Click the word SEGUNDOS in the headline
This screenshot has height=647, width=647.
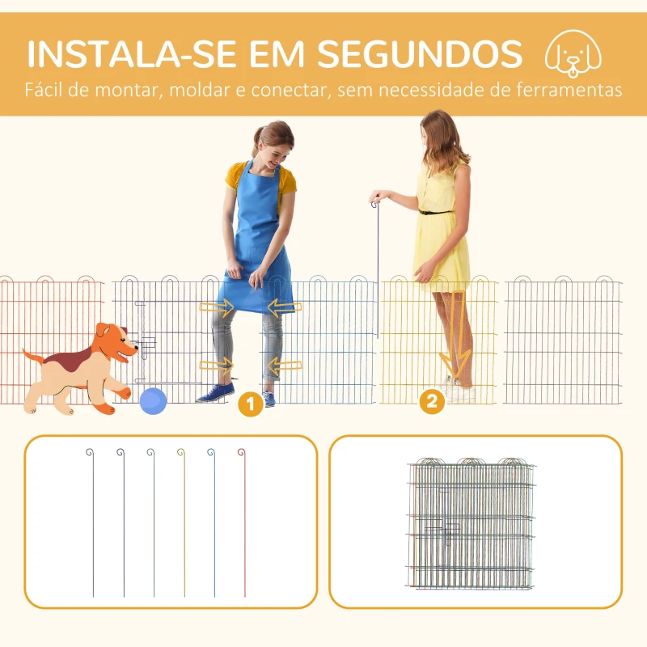click(x=418, y=53)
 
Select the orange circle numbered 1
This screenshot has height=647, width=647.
click(x=251, y=403)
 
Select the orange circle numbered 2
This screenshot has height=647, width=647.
click(x=433, y=400)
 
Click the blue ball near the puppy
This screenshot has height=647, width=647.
click(x=153, y=400)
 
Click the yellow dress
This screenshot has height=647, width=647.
click(x=442, y=235)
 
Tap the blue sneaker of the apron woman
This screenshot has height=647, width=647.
click(x=216, y=393)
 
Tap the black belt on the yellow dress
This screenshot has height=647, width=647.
click(x=437, y=212)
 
